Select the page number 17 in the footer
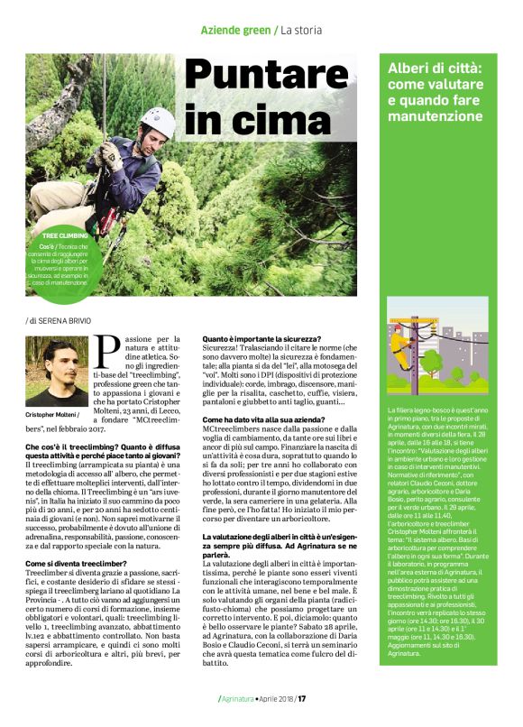pyautogui.click(x=304, y=698)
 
